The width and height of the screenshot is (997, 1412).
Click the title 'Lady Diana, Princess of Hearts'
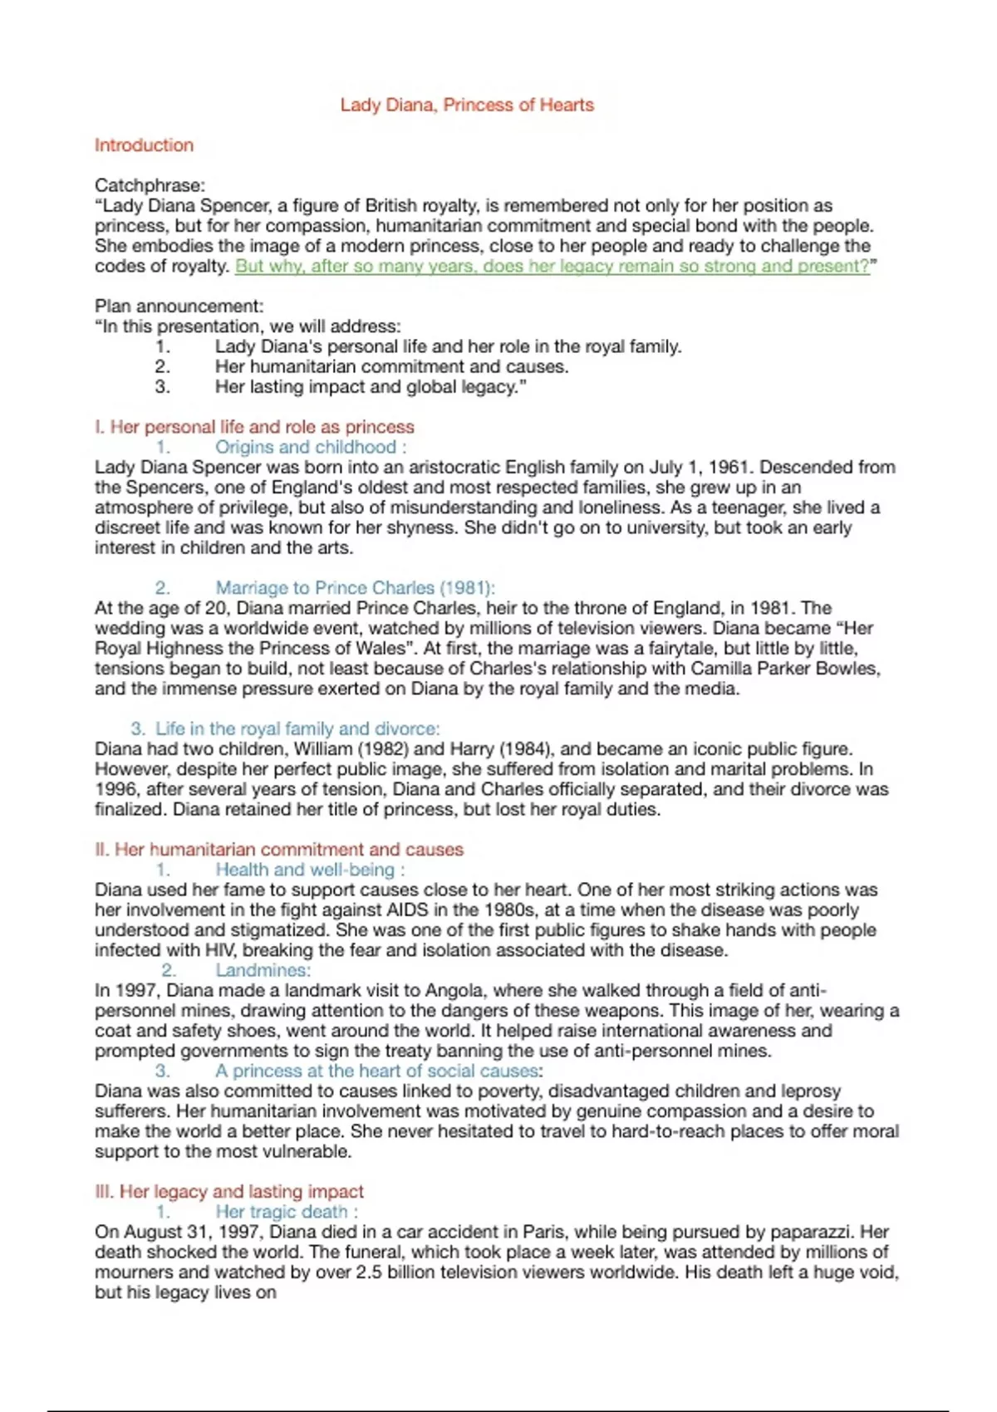[x=467, y=105]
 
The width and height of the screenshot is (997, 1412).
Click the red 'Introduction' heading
[x=144, y=145]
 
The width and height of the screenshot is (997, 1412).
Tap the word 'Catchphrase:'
[x=150, y=185]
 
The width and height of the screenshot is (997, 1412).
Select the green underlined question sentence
[x=553, y=267]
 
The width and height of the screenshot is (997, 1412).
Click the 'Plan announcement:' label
[x=179, y=306]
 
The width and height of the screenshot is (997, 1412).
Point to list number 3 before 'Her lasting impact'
[x=163, y=387]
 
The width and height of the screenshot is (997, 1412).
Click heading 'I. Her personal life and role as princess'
[x=254, y=427]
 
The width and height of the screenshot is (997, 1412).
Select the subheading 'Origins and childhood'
[x=305, y=448]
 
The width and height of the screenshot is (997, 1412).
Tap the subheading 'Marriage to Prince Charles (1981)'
[x=354, y=588]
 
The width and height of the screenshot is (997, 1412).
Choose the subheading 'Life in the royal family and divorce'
[x=297, y=729]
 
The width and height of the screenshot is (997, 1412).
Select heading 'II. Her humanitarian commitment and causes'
[x=279, y=850]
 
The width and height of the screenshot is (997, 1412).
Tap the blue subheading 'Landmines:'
[x=263, y=970]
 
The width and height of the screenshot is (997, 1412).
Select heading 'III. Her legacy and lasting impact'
[x=229, y=1192]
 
